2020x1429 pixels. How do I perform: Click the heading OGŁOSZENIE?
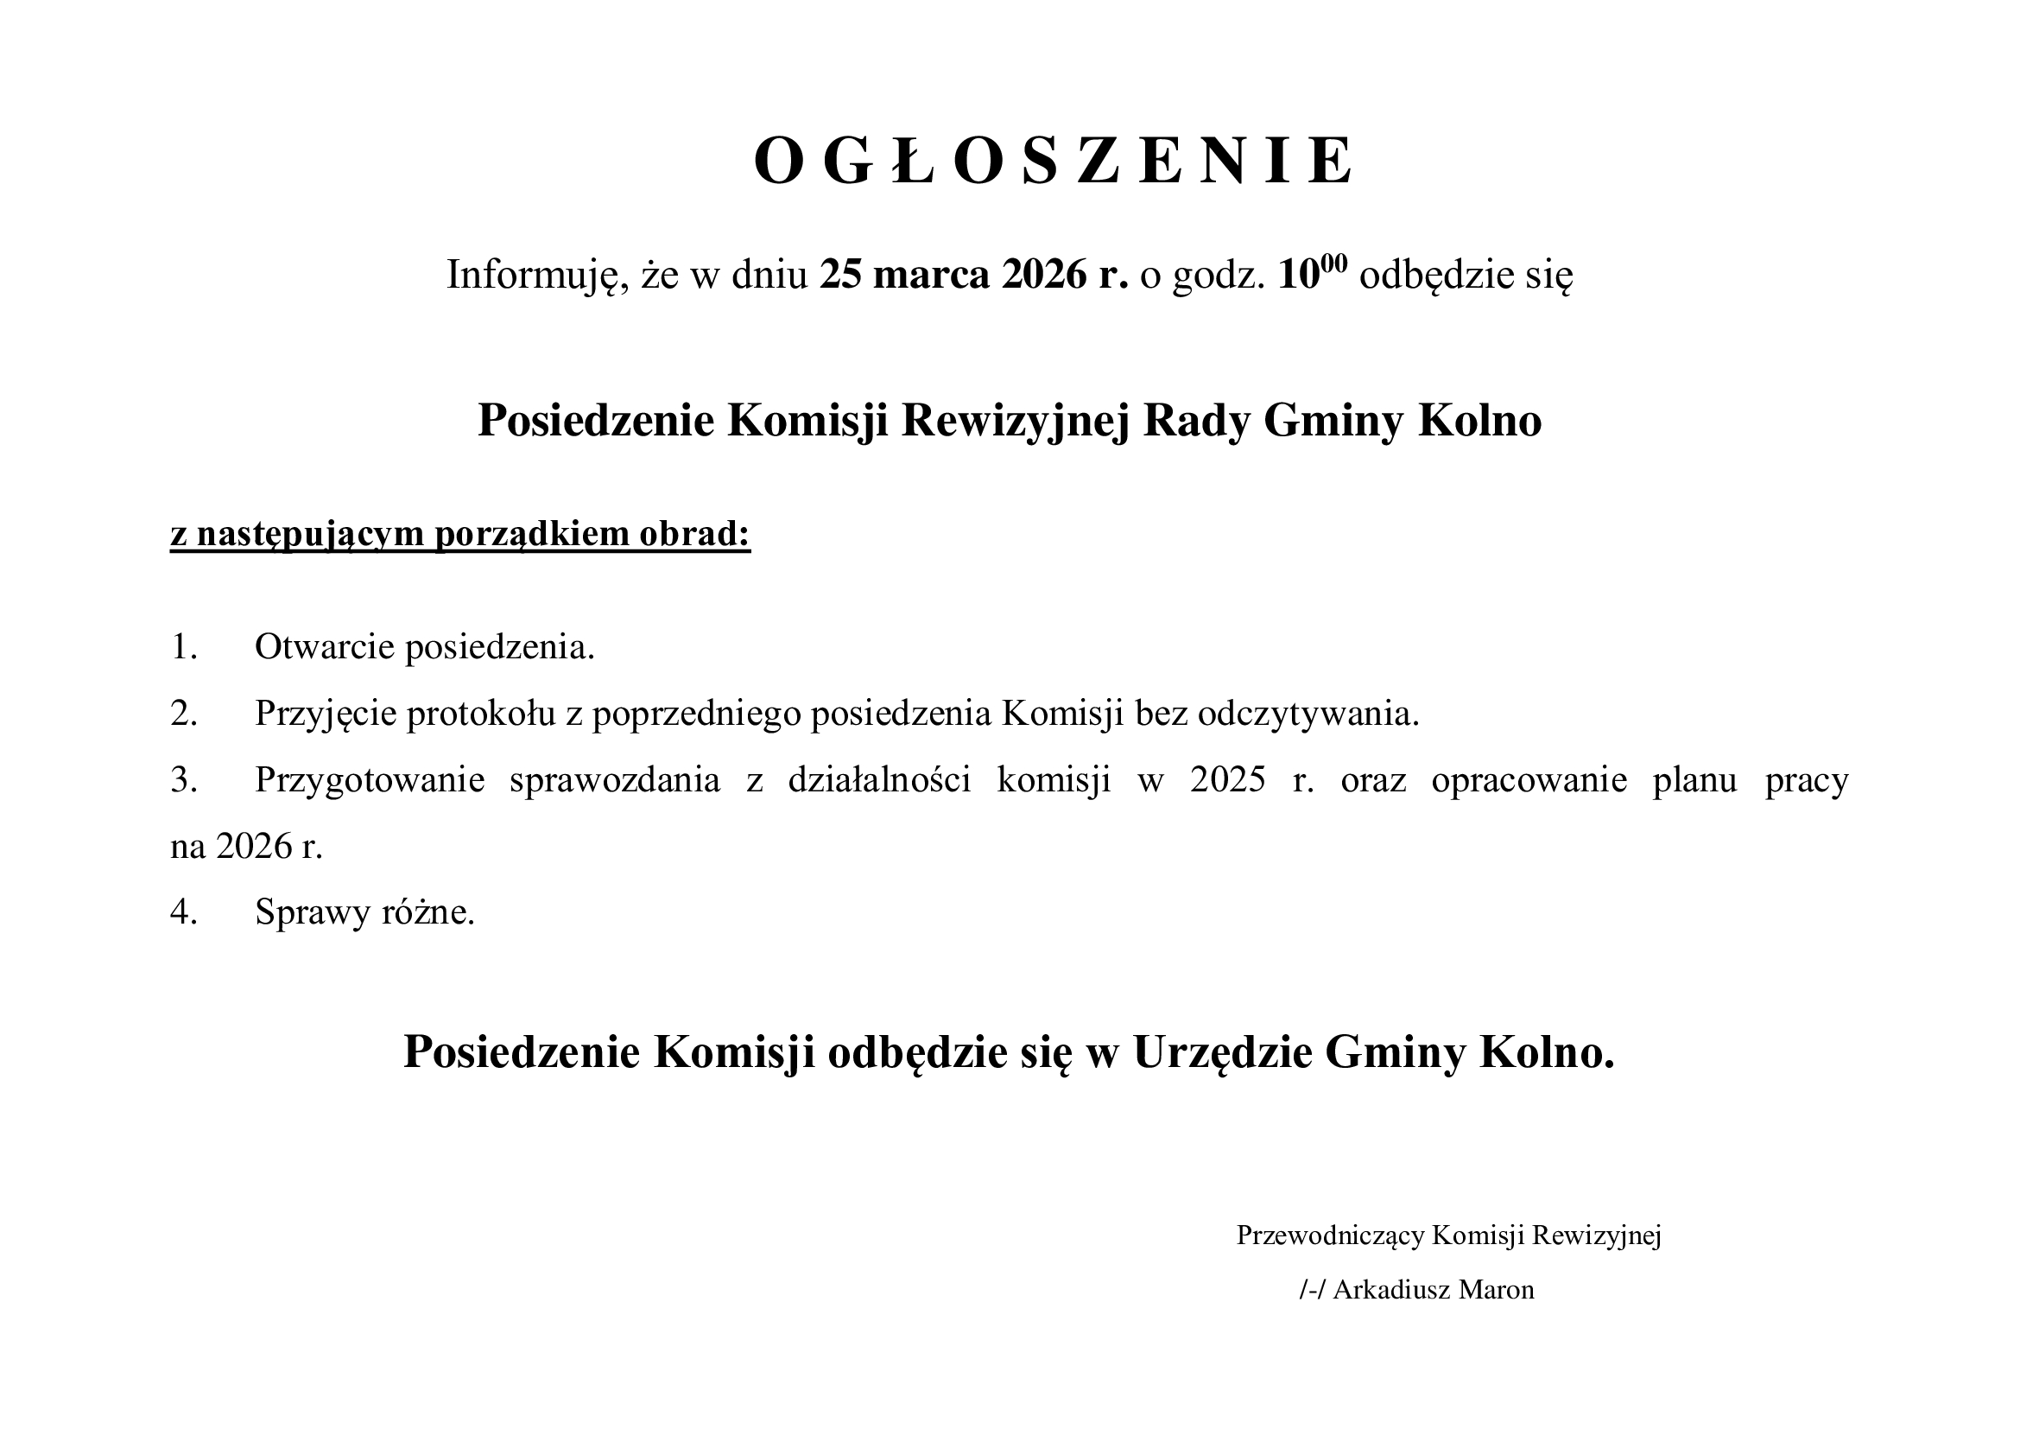(1053, 162)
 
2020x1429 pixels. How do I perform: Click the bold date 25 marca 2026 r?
(973, 275)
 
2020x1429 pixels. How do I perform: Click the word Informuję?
(536, 276)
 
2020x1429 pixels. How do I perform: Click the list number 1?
(183, 648)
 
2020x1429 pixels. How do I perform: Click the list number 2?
(183, 714)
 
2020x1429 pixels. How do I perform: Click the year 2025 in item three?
(1228, 780)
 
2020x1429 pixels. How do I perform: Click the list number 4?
(183, 913)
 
